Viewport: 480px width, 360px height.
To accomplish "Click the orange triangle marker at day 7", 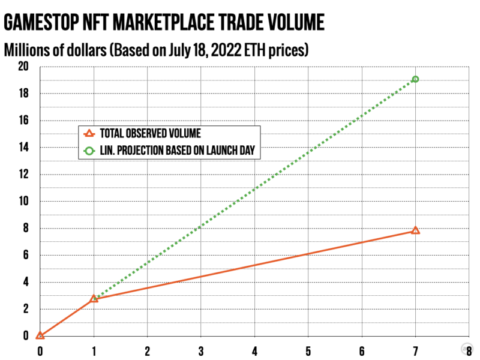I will [x=415, y=230].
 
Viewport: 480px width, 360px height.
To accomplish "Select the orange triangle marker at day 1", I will [x=94, y=298].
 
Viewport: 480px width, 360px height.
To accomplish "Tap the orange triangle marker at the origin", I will [x=40, y=335].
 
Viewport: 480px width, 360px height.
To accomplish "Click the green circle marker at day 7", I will [x=415, y=79].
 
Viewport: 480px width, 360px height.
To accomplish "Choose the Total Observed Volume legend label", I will [x=151, y=134].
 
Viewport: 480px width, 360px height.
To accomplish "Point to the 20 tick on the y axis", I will [x=22, y=67].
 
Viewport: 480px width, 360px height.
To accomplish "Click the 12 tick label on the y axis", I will [x=22, y=175].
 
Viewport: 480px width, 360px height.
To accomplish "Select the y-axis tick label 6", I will [x=25, y=256].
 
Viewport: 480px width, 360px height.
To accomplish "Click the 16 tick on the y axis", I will [x=22, y=121].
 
